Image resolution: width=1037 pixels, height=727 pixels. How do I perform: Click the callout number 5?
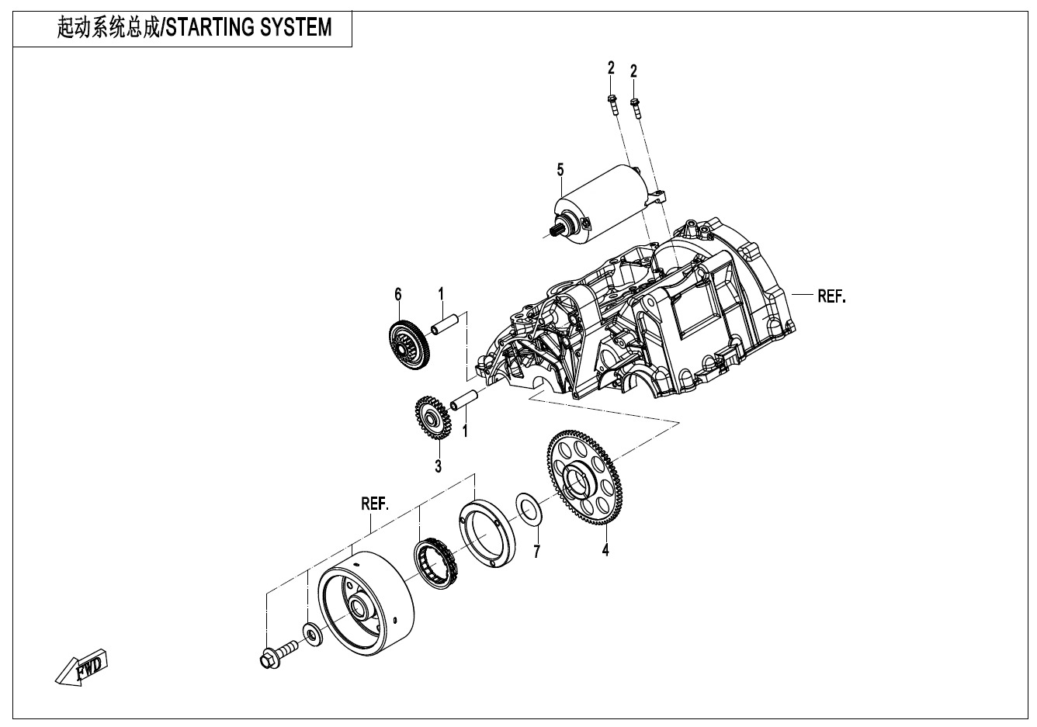(559, 169)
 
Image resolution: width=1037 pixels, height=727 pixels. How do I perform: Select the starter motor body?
(605, 206)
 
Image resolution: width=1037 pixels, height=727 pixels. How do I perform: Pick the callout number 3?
(439, 466)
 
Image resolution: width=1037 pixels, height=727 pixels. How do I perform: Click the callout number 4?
(605, 550)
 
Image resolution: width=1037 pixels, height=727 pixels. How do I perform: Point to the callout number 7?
(536, 552)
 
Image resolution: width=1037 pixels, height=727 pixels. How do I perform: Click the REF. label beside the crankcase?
(831, 296)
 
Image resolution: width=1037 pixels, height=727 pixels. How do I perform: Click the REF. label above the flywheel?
(375, 503)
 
